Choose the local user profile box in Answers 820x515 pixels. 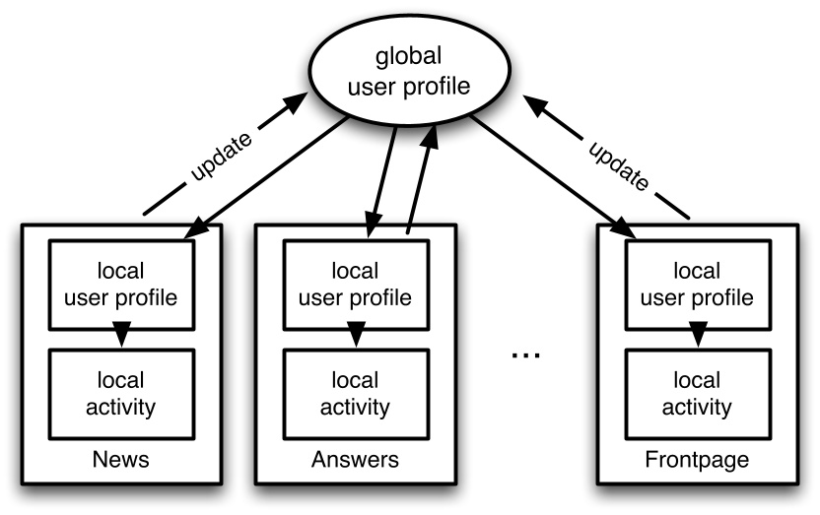356,283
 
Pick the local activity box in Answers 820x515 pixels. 356,393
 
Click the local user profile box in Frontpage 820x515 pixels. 697,283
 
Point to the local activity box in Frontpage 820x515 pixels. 697,393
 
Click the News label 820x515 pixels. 120,460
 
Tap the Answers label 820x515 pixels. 356,460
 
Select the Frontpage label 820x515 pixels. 697,460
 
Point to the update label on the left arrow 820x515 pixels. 220,158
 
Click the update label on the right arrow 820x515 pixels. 619,158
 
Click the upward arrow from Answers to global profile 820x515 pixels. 419,182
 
